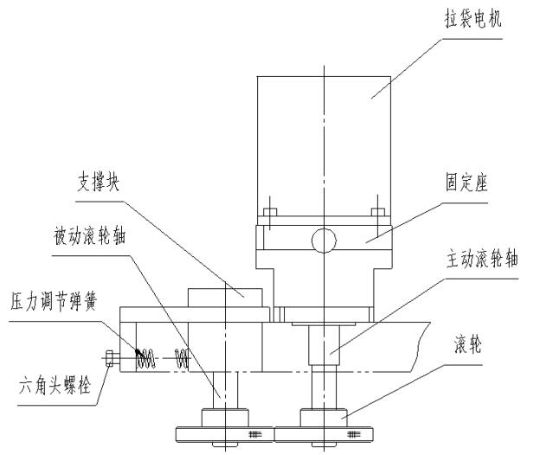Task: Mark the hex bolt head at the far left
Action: [x=109, y=356]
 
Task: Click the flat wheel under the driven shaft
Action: [x=224, y=433]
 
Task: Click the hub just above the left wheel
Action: [x=225, y=417]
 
